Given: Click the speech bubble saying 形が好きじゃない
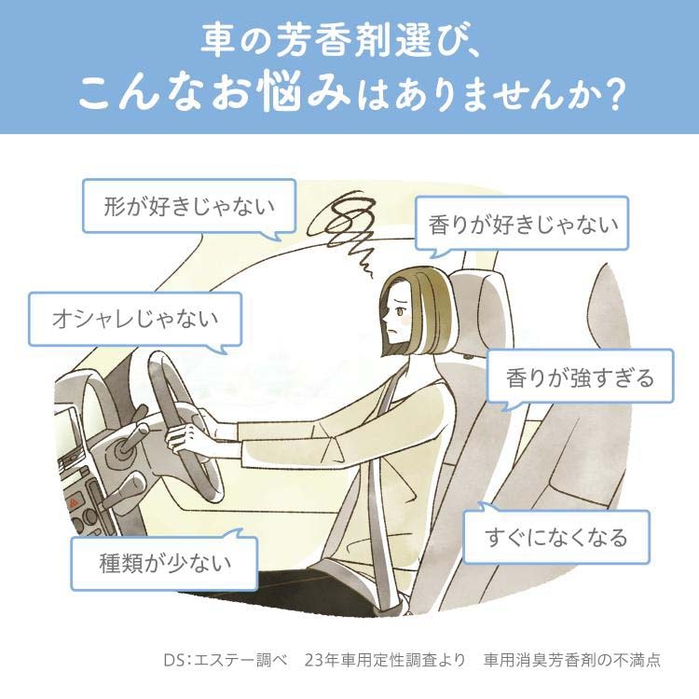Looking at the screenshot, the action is tap(189, 206).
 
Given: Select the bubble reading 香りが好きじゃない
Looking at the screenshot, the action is tap(522, 223).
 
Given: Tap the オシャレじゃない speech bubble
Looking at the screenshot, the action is tap(135, 319).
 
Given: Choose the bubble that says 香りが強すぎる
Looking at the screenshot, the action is tap(580, 377).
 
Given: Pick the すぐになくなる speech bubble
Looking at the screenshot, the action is tap(556, 537).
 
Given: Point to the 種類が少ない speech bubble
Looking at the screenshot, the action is tap(164, 563).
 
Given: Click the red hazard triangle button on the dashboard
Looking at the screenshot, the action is tap(74, 503).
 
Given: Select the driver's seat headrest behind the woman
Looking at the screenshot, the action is tap(480, 312).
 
